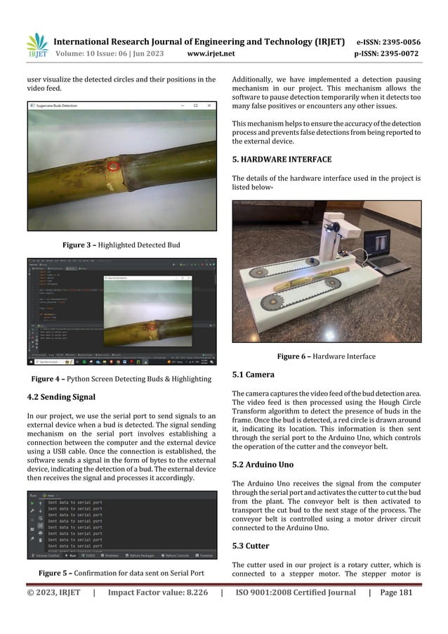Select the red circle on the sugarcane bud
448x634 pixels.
pyautogui.click(x=112, y=167)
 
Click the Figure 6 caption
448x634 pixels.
pyautogui.click(x=326, y=356)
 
